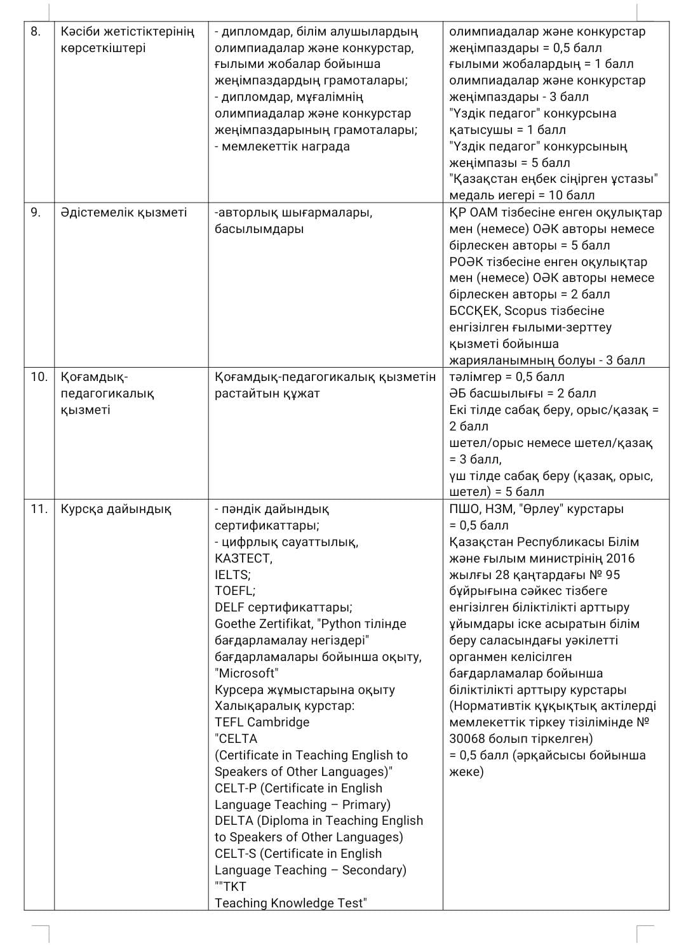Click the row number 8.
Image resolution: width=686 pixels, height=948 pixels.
35,31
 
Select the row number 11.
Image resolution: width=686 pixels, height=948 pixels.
38,509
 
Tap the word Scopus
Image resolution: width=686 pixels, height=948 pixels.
532,310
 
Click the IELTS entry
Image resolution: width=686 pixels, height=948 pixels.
232,575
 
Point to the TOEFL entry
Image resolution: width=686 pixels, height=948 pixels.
234,591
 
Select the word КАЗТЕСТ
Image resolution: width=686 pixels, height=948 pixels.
243,558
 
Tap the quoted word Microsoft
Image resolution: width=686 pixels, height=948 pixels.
246,673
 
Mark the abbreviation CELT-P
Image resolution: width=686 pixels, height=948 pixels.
235,788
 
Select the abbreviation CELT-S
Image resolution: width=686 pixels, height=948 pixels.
235,853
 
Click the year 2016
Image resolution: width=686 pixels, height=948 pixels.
620,558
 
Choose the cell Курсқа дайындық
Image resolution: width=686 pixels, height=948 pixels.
116,509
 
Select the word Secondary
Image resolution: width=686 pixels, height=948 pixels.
373,870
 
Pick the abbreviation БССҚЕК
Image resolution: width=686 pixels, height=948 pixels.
474,310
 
